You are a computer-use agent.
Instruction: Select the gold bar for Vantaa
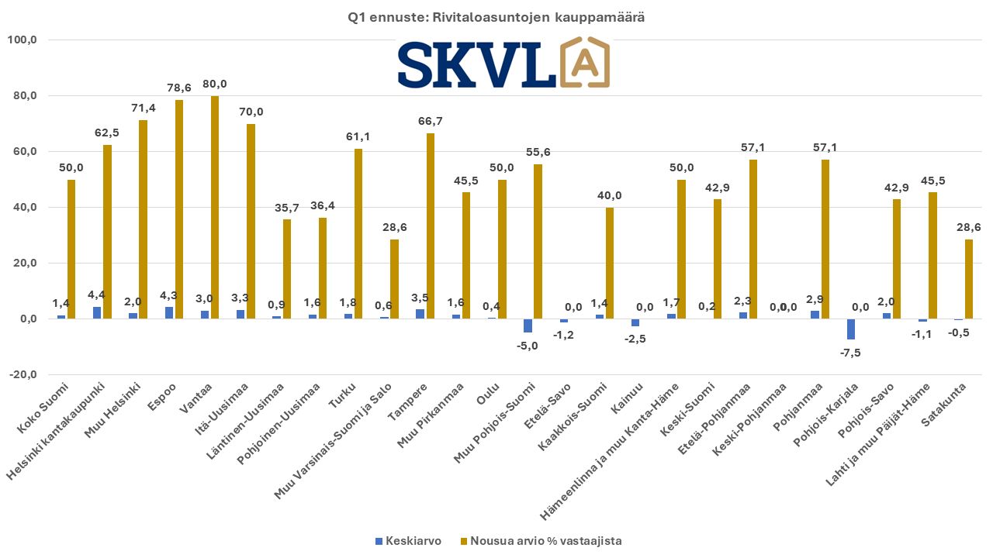click(215, 207)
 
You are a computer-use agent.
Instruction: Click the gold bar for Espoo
click(179, 209)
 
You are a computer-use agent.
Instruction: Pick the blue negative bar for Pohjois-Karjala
click(851, 329)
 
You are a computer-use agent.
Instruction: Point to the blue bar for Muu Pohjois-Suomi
click(528, 325)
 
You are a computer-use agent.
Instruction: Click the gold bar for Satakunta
click(969, 279)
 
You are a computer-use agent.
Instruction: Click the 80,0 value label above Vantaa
click(215, 84)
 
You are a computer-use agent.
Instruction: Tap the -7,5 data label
click(851, 353)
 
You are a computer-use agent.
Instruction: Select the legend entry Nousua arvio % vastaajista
click(541, 541)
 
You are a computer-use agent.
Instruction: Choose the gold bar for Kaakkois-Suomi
click(610, 263)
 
